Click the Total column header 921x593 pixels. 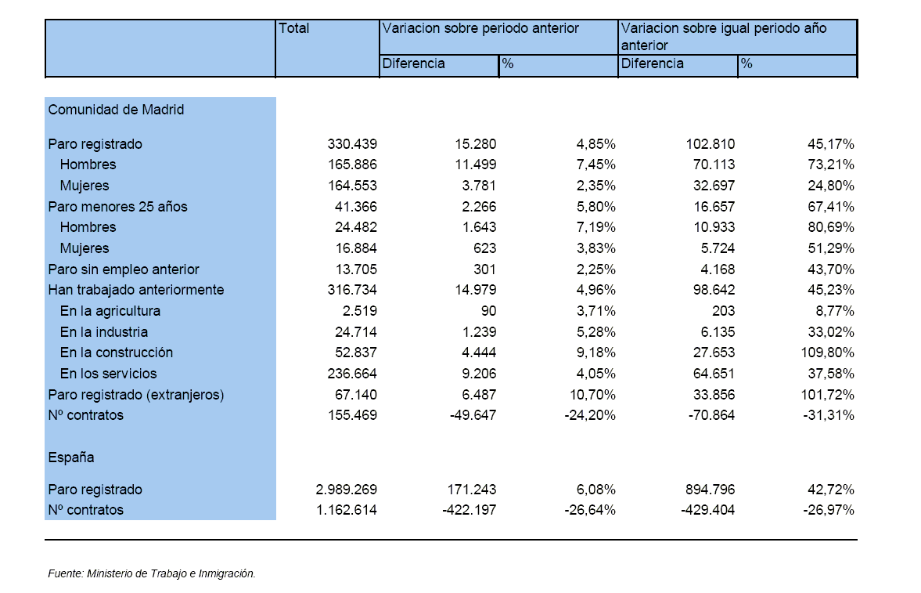pos(293,28)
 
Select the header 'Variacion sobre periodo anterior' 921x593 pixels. pos(480,28)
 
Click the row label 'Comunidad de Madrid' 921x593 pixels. pos(117,110)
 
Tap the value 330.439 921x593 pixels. pos(352,144)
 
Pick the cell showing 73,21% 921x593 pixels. pos(830,165)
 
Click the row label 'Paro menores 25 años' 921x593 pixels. pos(117,207)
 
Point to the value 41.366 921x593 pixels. pos(356,207)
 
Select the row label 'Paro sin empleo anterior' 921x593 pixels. pos(124,269)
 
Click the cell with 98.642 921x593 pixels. pos(710,290)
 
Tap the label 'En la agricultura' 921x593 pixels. pos(110,311)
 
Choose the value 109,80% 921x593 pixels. pos(827,353)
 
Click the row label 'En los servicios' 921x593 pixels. pos(108,374)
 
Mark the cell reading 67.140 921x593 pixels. pos(356,395)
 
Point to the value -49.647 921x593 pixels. pos(473,415)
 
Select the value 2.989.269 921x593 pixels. pos(347,490)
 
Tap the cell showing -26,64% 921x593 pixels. pos(590,510)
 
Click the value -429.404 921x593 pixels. pos(708,510)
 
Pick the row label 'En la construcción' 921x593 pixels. pos(117,353)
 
